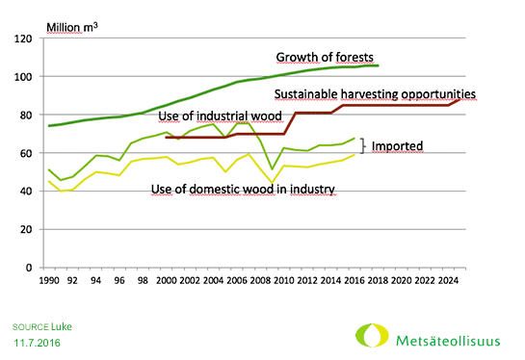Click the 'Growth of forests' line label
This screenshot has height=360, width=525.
325,57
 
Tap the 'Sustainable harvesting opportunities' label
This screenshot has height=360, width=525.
375,94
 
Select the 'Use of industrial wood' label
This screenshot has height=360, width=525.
220,116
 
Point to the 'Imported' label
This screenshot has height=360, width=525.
398,146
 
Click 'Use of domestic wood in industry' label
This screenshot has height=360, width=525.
243,190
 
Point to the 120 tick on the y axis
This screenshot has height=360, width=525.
25,39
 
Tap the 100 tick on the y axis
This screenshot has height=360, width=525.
25,77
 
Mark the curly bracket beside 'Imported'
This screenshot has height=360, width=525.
362,146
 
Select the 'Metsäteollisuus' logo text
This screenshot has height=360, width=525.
442,338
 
